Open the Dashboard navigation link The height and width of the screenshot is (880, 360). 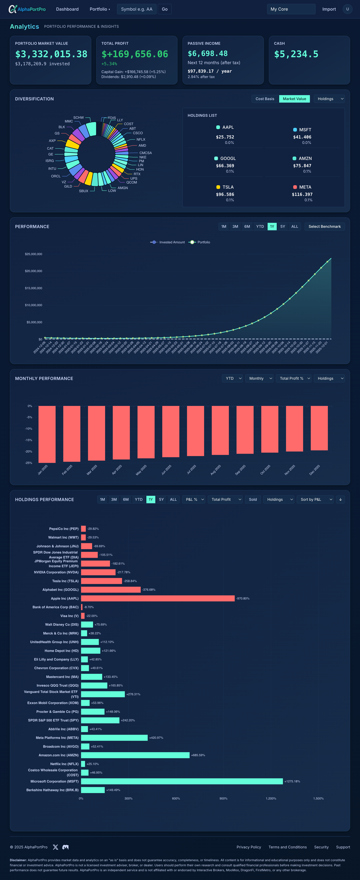coord(67,9)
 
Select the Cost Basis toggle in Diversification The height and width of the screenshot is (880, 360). coord(265,99)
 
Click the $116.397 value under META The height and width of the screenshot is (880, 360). coord(302,194)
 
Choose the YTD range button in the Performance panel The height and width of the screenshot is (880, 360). coord(260,227)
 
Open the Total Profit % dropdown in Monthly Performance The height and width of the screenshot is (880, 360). coord(293,378)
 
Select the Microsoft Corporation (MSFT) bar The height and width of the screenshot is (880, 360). coord(182,781)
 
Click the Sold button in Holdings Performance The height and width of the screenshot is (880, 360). coord(253,499)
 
